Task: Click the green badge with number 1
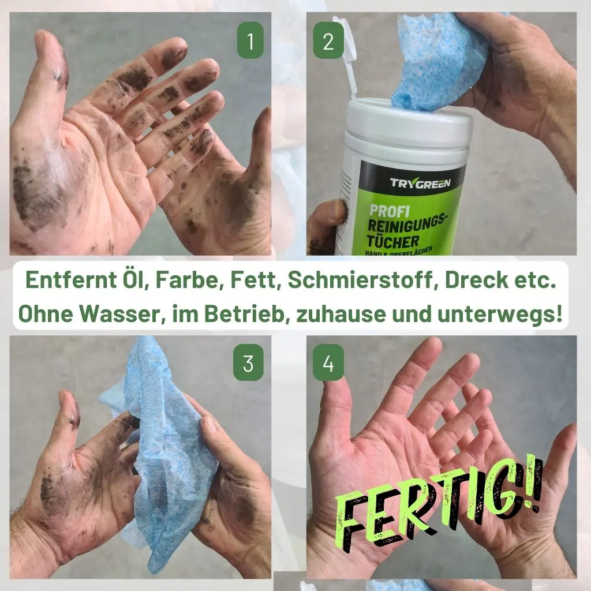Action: pos(250,40)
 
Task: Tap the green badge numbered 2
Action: pos(328,40)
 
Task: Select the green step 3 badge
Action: pos(248,362)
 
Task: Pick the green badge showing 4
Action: pos(328,362)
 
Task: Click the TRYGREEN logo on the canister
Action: pos(420,184)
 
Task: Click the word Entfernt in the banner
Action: pos(71,280)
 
